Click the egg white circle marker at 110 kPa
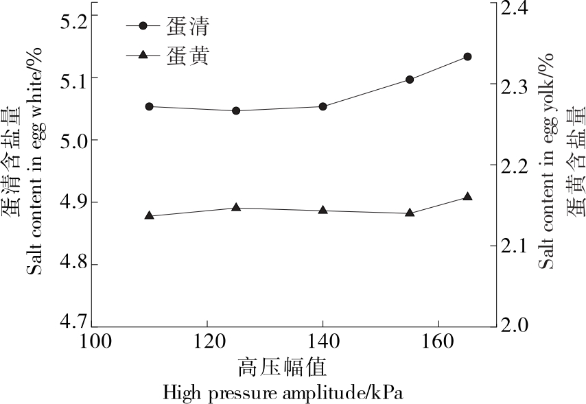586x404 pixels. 149,106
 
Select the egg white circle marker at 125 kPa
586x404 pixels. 236,110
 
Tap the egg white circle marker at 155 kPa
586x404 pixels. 410,80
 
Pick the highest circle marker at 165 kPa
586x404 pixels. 467,56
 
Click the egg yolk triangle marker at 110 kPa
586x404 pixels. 149,215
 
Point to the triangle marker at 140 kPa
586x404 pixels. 323,210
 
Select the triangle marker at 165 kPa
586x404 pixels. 467,197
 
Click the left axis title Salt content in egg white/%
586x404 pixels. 34,161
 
